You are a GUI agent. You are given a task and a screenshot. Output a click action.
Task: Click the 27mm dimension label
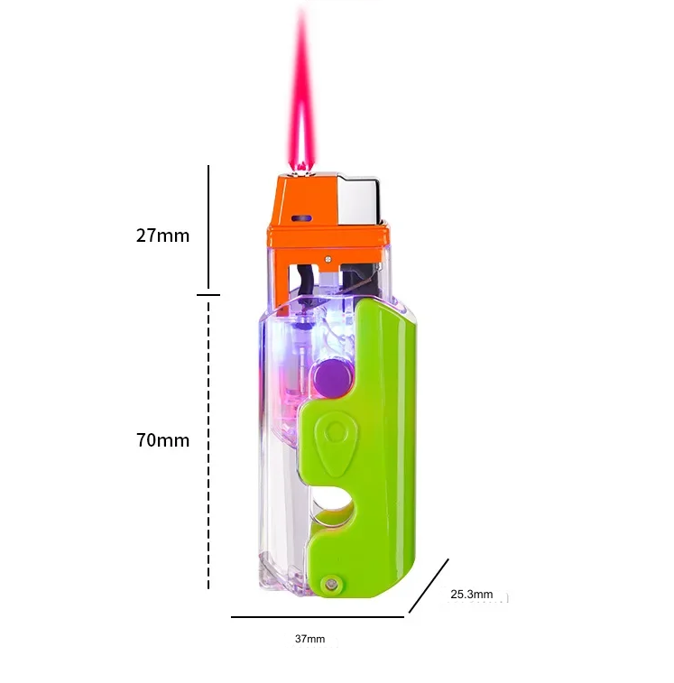[162, 235]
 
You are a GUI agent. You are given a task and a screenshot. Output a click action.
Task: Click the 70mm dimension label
[162, 440]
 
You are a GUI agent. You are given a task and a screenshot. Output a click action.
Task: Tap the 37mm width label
[309, 639]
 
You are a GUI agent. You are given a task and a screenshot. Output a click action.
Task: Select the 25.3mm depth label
[471, 595]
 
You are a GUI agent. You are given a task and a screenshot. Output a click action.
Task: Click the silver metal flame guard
[359, 201]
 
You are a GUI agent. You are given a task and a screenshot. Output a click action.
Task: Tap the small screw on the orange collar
[328, 259]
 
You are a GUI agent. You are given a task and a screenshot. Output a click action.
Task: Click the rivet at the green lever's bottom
[330, 583]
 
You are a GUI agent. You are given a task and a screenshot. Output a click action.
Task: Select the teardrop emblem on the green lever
[336, 444]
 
